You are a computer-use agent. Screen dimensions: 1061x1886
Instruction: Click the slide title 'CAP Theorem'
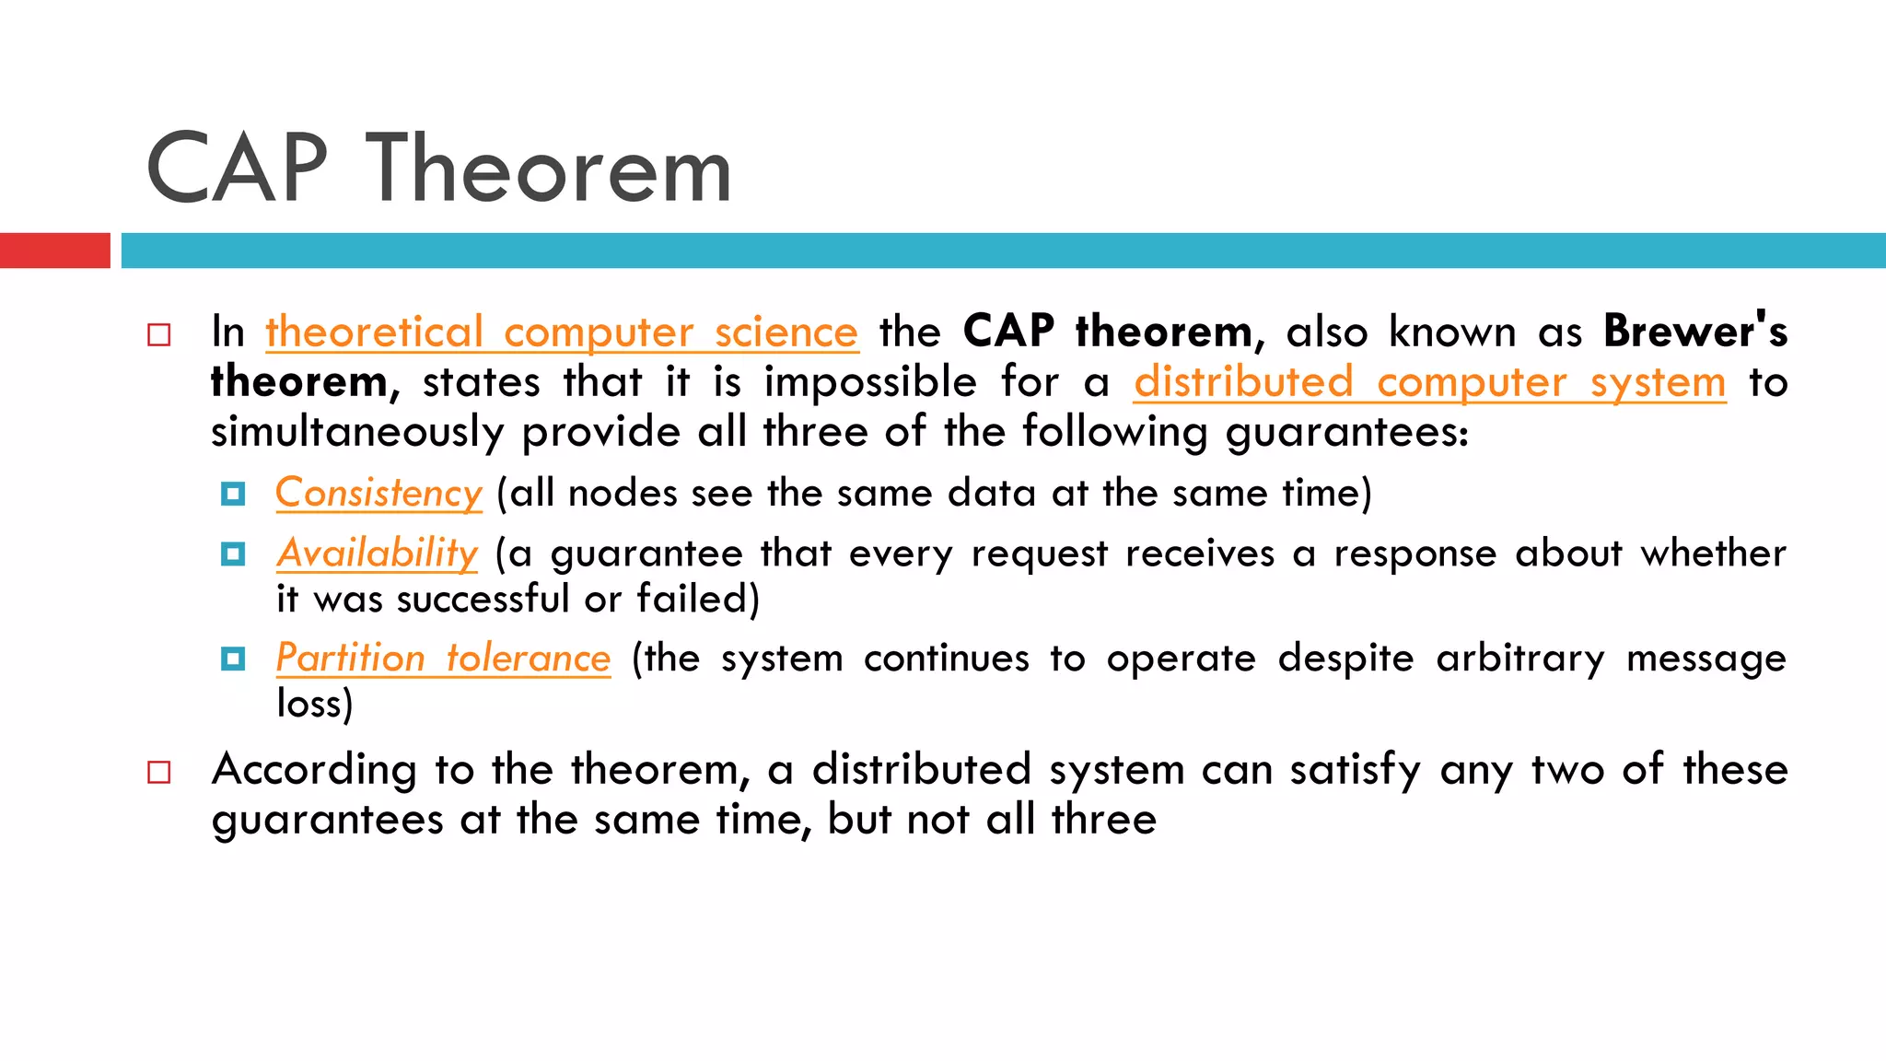[x=439, y=169]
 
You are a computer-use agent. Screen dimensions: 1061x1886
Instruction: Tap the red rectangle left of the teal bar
[x=54, y=251]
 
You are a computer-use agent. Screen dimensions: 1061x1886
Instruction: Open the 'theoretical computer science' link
[x=562, y=332]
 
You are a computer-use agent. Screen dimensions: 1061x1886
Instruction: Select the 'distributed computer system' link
[x=1429, y=381]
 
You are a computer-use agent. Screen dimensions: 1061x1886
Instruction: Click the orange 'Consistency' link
[x=378, y=493]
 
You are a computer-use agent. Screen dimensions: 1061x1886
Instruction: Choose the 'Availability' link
[x=378, y=553]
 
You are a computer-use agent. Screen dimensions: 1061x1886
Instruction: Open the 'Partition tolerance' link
[x=443, y=658]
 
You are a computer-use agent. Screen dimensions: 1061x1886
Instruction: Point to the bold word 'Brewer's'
[x=1694, y=331]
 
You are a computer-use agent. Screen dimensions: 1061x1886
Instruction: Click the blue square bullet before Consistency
[x=233, y=495]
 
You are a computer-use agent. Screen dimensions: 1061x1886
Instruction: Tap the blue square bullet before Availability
[x=233, y=554]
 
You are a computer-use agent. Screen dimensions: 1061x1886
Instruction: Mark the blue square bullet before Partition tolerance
[x=233, y=659]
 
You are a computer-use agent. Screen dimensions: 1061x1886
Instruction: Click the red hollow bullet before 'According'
[x=159, y=772]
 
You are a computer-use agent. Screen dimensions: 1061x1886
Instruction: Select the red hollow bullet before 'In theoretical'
[x=159, y=334]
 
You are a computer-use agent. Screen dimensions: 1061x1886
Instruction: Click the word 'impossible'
[x=870, y=381]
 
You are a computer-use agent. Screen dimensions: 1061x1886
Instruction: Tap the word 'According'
[x=313, y=769]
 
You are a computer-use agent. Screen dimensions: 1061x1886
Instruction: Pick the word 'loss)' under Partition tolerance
[x=315, y=704]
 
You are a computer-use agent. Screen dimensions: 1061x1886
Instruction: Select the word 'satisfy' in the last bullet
[x=1355, y=769]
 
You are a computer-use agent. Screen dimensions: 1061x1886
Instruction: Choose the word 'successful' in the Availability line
[x=483, y=599]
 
